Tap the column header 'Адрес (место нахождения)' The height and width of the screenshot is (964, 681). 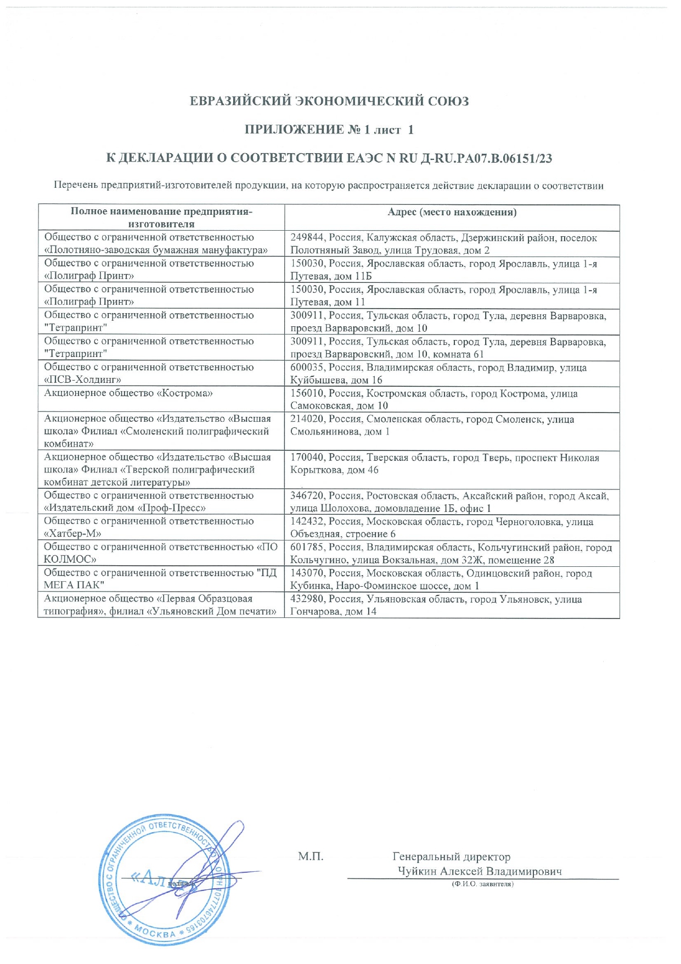coord(452,213)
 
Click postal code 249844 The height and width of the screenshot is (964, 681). coord(307,238)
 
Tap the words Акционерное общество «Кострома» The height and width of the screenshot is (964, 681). coord(128,393)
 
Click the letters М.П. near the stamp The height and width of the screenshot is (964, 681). coord(311,856)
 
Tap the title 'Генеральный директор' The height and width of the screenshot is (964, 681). coord(451,857)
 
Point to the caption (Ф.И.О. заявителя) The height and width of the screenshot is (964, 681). coord(482,884)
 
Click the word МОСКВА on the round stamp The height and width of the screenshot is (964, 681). coord(156,932)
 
